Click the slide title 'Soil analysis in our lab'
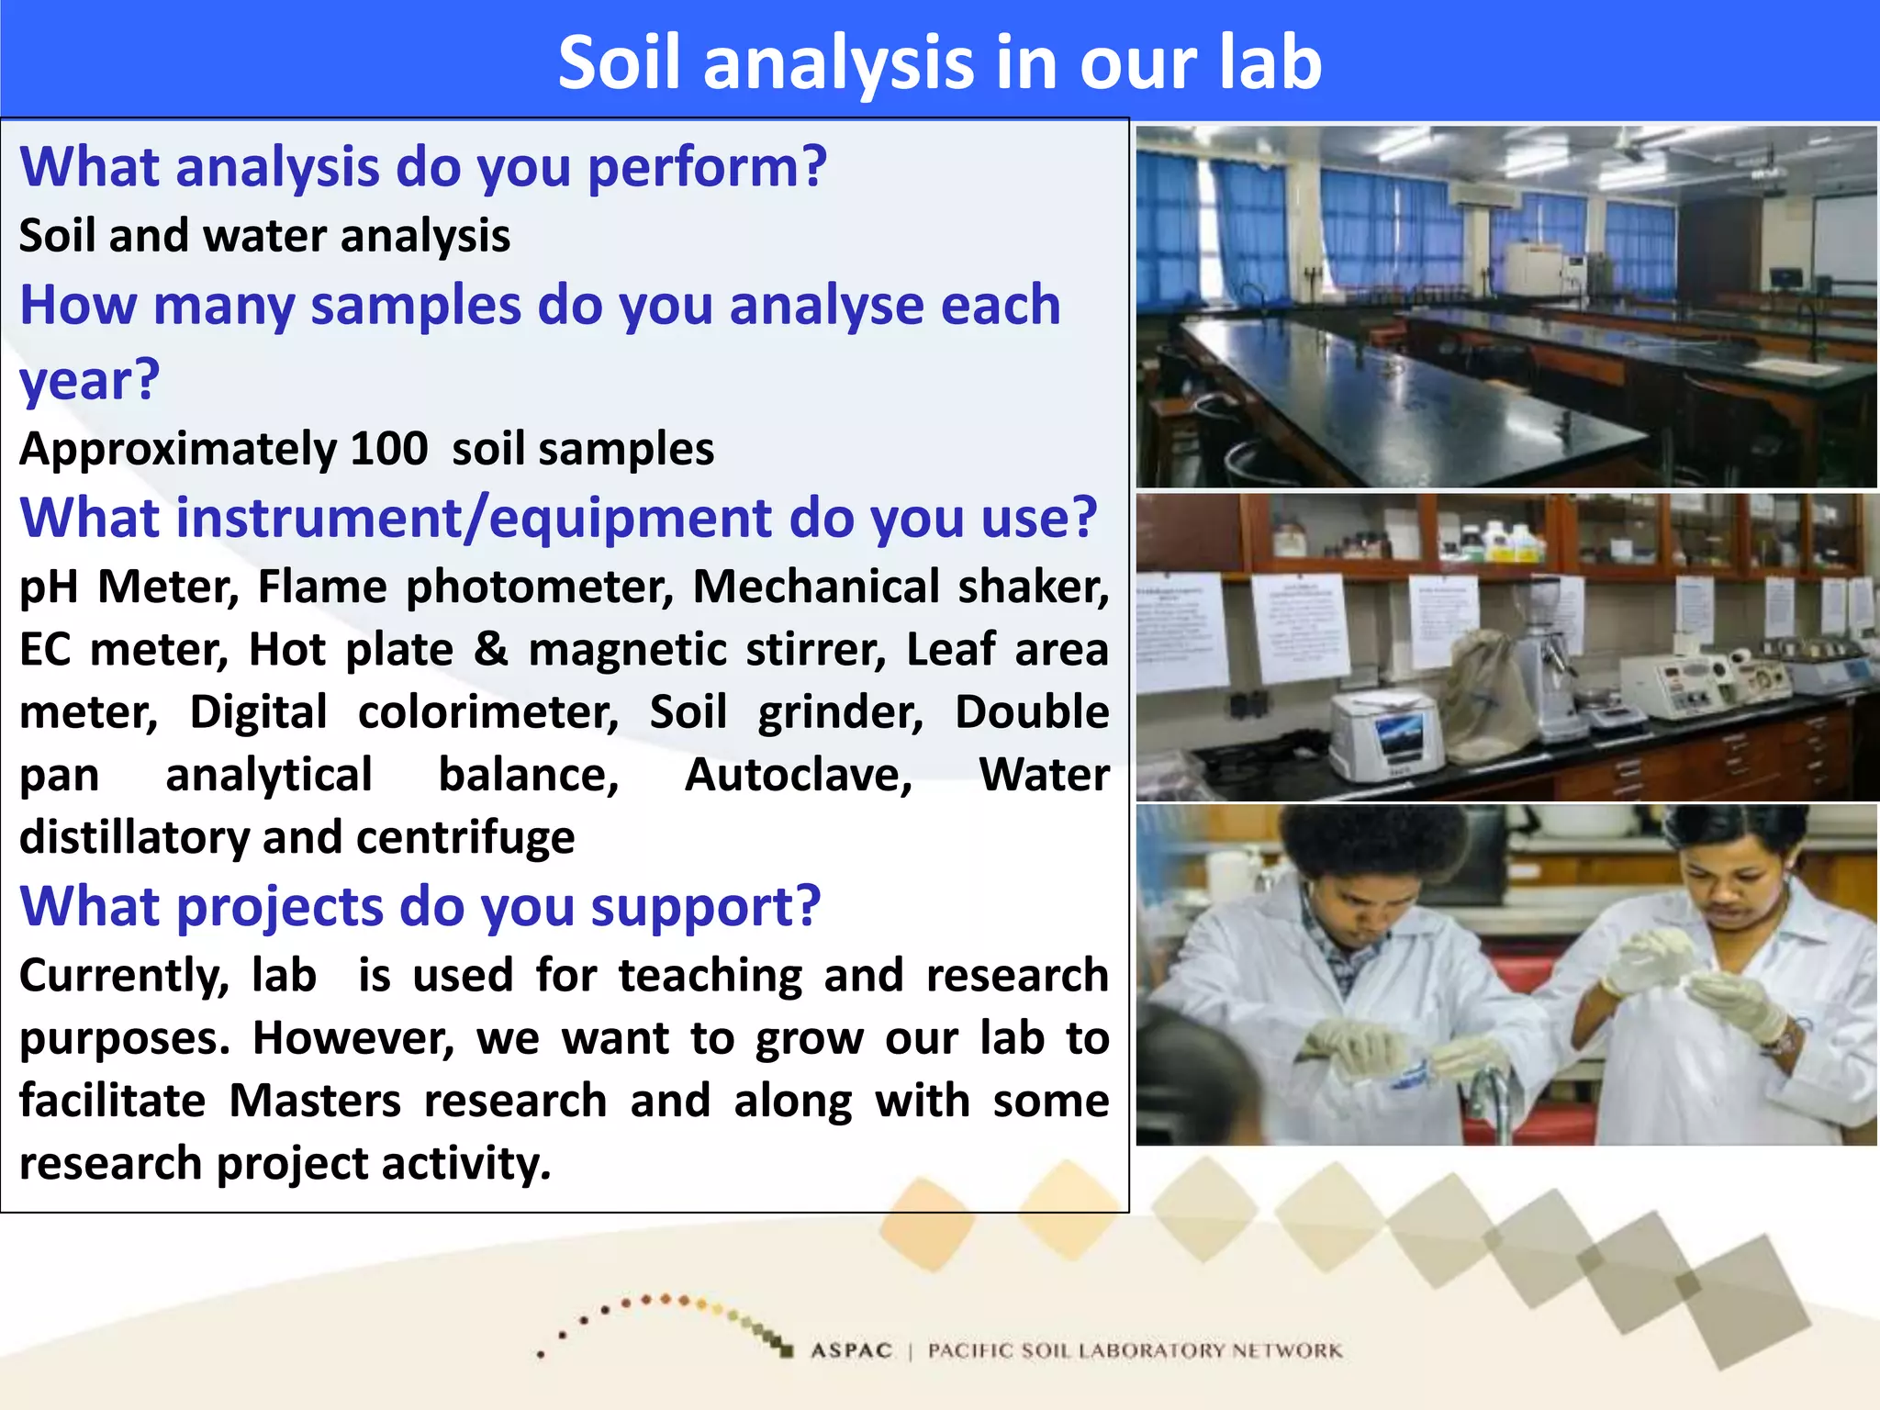pyautogui.click(x=939, y=62)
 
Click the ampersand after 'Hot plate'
pyautogui.click(x=491, y=649)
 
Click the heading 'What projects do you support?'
pyautogui.click(x=420, y=906)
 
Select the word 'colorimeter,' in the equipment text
pyautogui.click(x=488, y=712)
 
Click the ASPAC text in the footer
pyautogui.click(x=851, y=1350)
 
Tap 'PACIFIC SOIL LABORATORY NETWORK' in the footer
pyautogui.click(x=1135, y=1350)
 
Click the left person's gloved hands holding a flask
pyautogui.click(x=1395, y=1056)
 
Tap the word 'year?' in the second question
pyautogui.click(x=90, y=380)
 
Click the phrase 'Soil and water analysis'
pyautogui.click(x=264, y=236)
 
